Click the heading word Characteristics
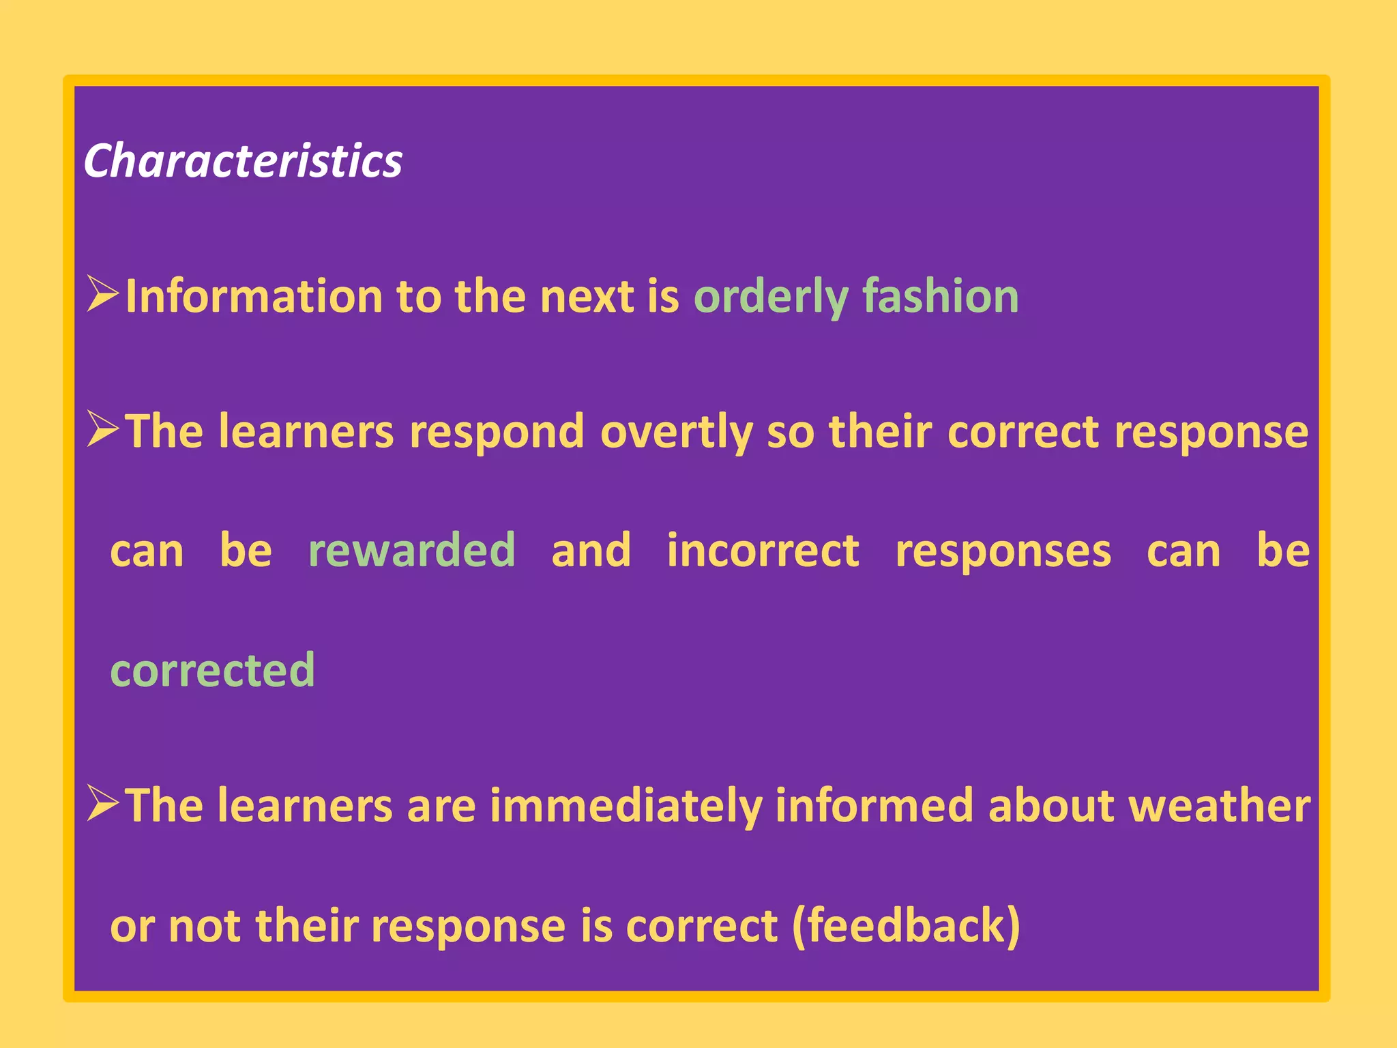point(243,161)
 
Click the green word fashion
point(941,296)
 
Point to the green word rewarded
point(412,550)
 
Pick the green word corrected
point(212,670)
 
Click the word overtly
point(676,433)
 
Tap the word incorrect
point(763,550)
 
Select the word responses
point(1003,551)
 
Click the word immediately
point(624,806)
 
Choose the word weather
point(1219,805)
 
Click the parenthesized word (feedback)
point(906,926)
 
